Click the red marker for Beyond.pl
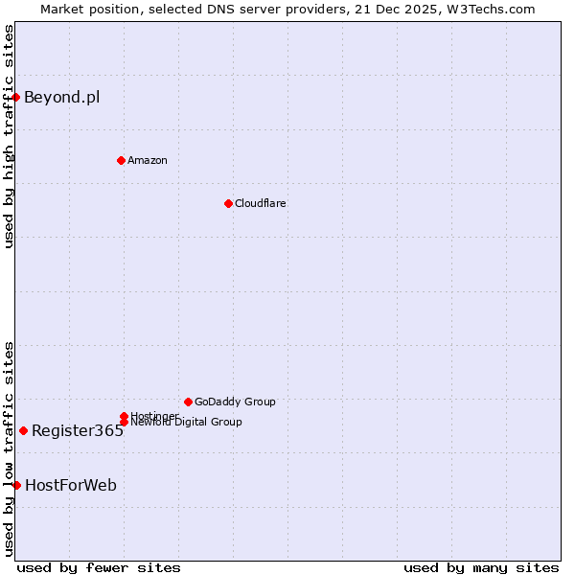click(16, 97)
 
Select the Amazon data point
click(121, 160)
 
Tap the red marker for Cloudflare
click(228, 203)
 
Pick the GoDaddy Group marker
click(188, 402)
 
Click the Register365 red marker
click(23, 430)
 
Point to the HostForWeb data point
click(16, 485)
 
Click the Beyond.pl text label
click(61, 97)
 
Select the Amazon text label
click(148, 160)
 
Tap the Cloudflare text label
click(261, 203)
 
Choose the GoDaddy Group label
click(235, 402)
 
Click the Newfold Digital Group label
click(186, 422)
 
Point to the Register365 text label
click(78, 430)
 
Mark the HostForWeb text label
click(71, 485)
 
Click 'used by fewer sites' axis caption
click(99, 567)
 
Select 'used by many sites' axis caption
click(481, 567)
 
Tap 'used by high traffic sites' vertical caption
click(9, 136)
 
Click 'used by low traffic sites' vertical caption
click(9, 448)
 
